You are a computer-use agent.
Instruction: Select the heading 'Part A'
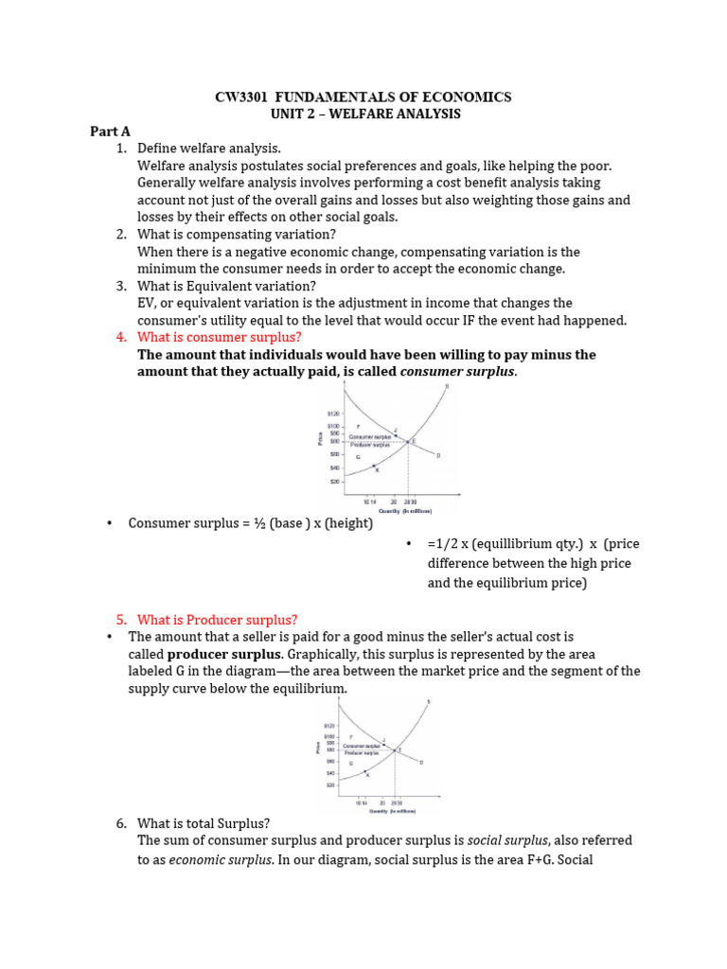111,132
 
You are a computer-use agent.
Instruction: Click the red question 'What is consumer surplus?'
220,337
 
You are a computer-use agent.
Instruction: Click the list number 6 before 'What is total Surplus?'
121,823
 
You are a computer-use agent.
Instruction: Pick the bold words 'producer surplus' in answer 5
224,654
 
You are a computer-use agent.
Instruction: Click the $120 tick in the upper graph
333,414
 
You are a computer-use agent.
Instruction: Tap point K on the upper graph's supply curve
376,468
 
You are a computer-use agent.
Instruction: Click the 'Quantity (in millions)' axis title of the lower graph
392,811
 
